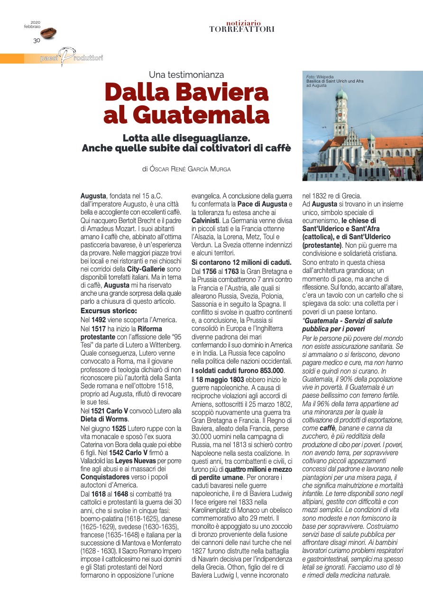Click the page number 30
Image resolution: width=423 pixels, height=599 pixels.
click(37, 40)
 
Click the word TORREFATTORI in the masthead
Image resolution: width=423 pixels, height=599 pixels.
click(242, 29)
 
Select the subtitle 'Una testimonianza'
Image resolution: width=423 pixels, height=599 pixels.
click(186, 75)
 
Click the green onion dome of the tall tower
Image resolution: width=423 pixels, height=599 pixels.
click(341, 95)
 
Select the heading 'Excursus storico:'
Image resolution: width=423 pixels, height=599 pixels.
click(109, 311)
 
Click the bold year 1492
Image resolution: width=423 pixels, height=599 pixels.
click(100, 320)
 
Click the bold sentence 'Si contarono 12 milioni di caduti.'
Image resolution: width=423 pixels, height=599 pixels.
click(241, 262)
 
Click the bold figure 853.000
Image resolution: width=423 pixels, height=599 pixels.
click(267, 370)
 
